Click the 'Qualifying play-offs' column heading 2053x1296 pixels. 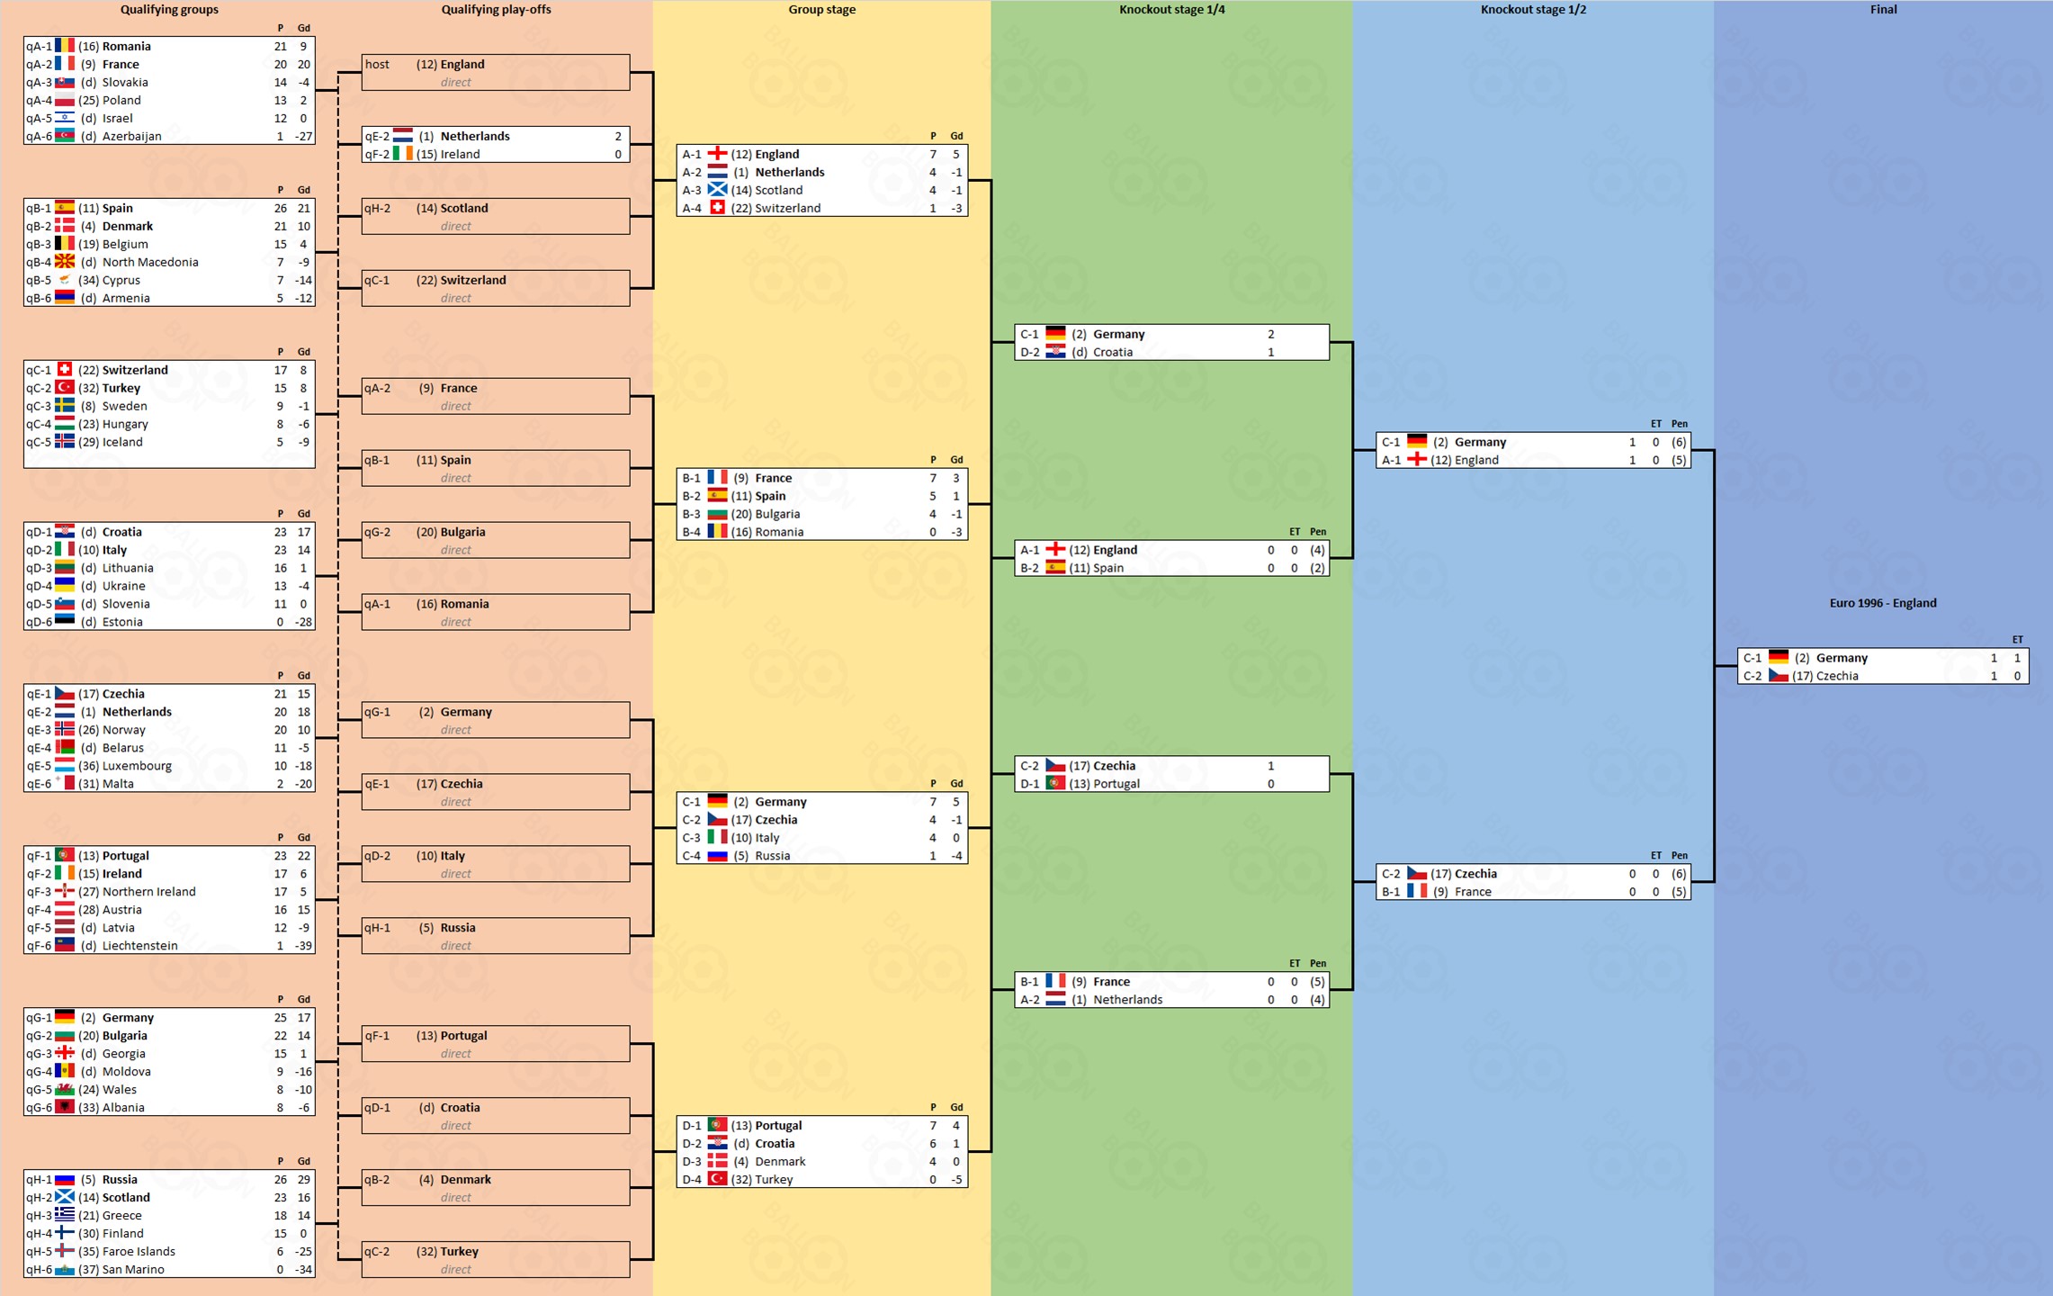coord(496,10)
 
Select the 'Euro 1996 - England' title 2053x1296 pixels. coord(1882,603)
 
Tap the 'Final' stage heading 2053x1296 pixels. coord(1883,10)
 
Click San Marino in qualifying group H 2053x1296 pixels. coord(133,1270)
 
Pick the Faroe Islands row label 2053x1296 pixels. coord(139,1252)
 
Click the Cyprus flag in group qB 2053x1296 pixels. coord(65,280)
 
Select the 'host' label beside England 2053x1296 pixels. coord(377,65)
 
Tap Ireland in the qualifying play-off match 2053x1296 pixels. coord(460,155)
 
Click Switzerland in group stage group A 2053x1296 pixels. coord(787,209)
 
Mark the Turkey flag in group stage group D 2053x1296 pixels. coord(717,1179)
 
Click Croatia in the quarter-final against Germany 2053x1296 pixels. coord(1112,353)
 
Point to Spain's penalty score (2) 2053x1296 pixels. coord(1317,569)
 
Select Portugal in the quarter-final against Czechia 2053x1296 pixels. coord(1116,784)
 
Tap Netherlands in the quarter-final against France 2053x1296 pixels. coord(1127,1000)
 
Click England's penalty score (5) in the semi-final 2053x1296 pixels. coord(1679,461)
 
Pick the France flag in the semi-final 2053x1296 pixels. coord(1417,891)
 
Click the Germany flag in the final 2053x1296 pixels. coord(1779,657)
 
